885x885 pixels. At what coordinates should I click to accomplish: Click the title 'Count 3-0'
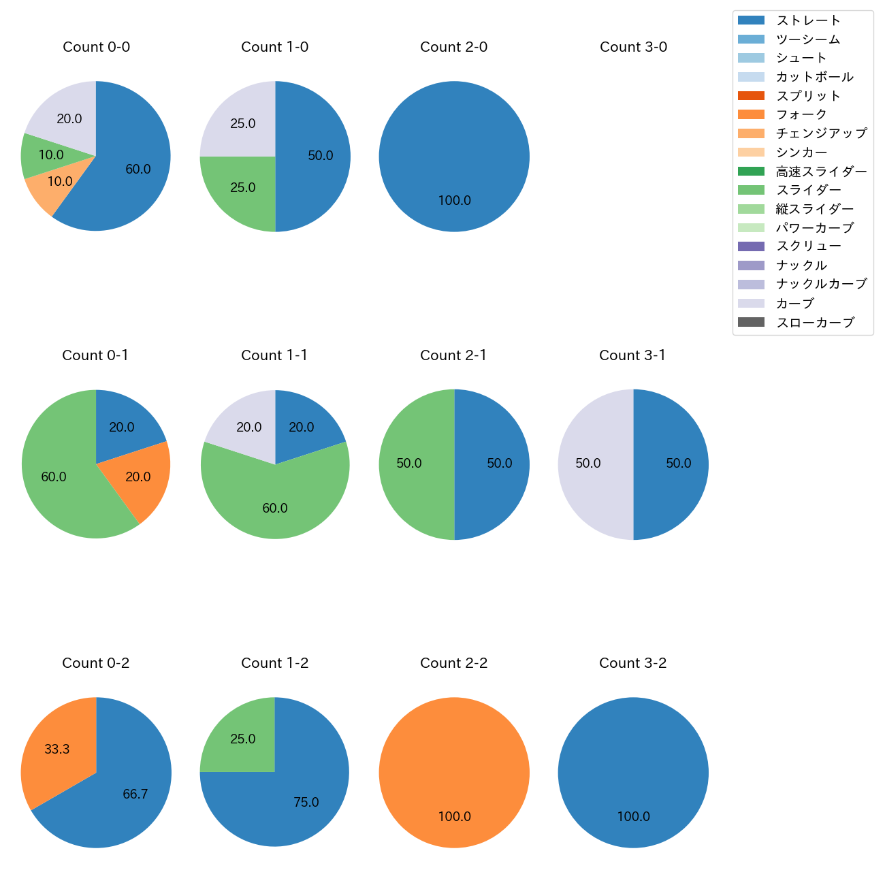[633, 47]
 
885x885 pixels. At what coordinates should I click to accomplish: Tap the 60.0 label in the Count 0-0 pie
[138, 170]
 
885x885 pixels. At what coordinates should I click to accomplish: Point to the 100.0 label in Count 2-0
[454, 201]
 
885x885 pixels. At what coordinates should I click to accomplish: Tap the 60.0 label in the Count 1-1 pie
[275, 509]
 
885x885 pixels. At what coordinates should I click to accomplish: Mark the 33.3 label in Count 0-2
[57, 750]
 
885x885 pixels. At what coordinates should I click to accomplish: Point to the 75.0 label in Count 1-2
[306, 803]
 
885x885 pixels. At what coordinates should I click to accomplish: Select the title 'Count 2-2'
[454, 663]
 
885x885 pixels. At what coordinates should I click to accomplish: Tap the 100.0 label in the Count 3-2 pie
[633, 817]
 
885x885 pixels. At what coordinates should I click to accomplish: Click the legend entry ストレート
[808, 20]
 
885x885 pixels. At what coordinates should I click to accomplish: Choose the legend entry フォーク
[801, 114]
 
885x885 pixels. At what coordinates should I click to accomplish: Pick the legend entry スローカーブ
[815, 323]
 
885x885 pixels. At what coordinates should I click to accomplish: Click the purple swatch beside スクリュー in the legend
[751, 246]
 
